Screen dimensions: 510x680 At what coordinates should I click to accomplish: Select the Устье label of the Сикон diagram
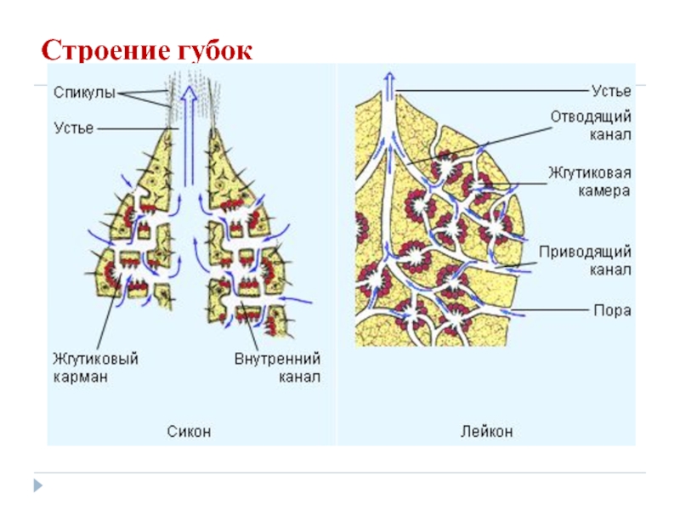72,128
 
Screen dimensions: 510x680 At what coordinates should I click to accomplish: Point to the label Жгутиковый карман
91,369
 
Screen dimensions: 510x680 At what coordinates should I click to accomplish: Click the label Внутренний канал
277,369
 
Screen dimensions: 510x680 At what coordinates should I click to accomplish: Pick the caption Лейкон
486,432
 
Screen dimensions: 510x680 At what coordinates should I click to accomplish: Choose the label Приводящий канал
586,261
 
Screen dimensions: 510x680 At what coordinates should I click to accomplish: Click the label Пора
612,310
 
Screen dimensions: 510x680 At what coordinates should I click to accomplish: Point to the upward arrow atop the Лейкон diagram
389,85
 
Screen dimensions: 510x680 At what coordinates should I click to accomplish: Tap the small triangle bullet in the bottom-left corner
37,485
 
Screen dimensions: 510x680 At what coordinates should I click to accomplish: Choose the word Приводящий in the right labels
586,252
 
